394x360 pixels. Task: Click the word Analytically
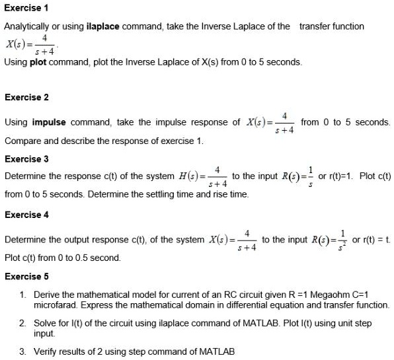click(28, 26)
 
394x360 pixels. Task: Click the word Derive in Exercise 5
click(46, 293)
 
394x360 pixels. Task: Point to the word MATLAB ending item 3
click(217, 352)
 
